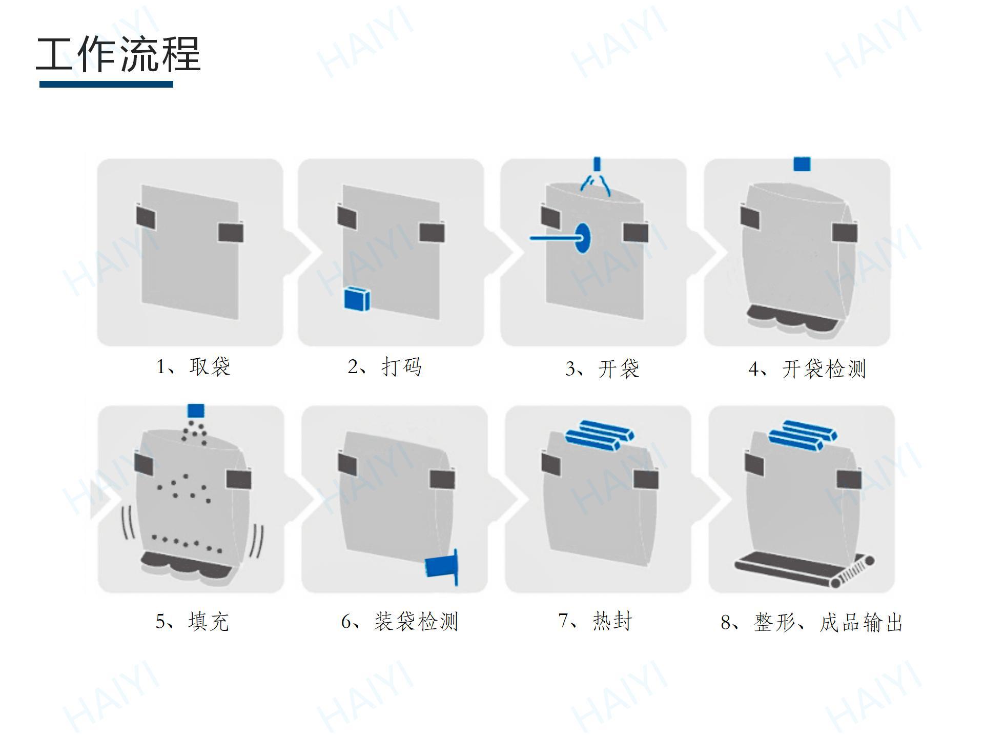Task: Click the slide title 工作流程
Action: point(118,54)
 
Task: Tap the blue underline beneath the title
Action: point(106,84)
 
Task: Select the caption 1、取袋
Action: point(193,367)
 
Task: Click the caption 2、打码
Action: point(385,367)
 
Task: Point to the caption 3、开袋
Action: point(602,369)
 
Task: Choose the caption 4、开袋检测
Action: point(807,369)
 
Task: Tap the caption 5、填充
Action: point(192,621)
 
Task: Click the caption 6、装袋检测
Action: point(400,621)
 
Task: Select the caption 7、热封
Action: point(596,621)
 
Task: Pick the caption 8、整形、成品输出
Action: point(812,622)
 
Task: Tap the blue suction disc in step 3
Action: point(582,238)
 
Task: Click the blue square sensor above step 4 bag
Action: point(802,164)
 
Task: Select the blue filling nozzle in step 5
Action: point(196,411)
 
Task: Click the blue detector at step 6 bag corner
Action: point(441,566)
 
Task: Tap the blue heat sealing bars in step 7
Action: point(599,436)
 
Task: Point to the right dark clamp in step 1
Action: point(231,232)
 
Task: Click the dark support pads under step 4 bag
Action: point(791,321)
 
